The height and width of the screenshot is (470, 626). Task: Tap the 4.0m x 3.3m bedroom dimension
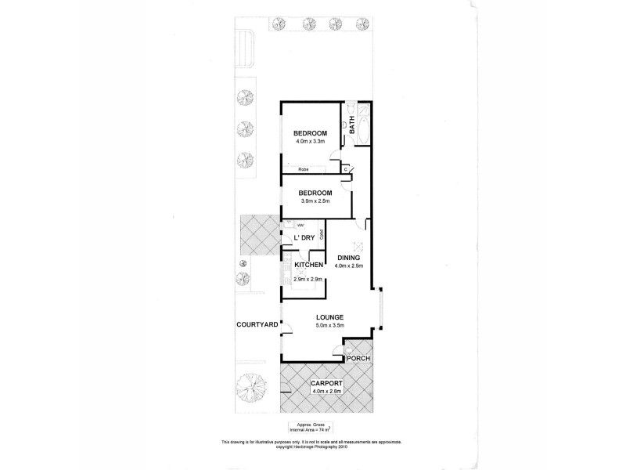(310, 142)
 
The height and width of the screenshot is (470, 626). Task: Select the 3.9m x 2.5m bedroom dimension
(315, 201)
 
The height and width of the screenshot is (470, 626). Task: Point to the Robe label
(301, 169)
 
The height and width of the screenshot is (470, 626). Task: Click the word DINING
(350, 258)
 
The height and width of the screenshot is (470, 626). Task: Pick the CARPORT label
(327, 384)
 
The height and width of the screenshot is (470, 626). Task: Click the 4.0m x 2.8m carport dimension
(327, 392)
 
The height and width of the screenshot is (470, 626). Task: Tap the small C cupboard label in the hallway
(346, 168)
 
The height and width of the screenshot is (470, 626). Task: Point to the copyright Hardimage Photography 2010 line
(312, 448)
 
